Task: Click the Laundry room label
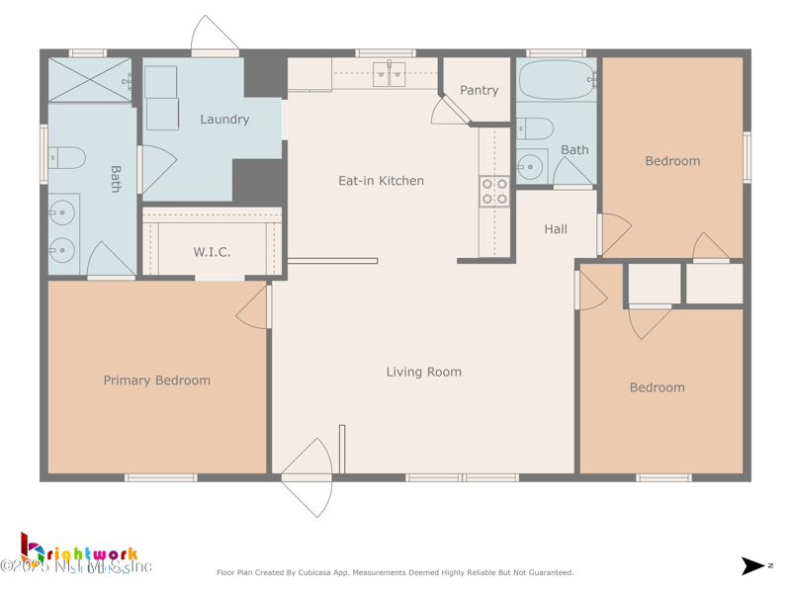[224, 120]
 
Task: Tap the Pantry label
[480, 90]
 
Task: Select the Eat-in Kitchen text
[381, 181]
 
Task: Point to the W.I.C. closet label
[212, 252]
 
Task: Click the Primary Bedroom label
[157, 381]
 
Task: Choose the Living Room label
[423, 372]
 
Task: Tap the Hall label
[556, 229]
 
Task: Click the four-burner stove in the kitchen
[494, 192]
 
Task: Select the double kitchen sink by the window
[389, 74]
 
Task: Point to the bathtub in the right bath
[557, 78]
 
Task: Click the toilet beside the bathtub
[535, 127]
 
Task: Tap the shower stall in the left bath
[89, 80]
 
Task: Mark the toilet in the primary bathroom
[67, 157]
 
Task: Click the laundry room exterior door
[215, 36]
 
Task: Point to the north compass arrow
[754, 566]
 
